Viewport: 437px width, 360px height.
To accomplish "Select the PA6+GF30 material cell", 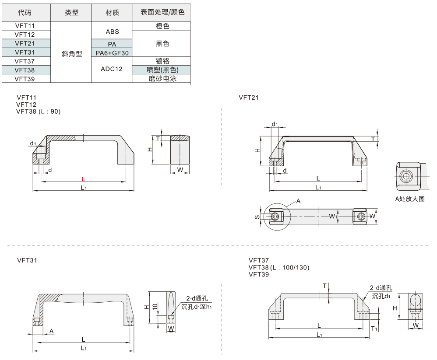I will coord(112,52).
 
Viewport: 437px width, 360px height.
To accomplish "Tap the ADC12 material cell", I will coord(111,69).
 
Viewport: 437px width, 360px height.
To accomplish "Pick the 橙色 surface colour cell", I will coord(162,26).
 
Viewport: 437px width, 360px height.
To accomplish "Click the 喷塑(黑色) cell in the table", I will coord(162,70).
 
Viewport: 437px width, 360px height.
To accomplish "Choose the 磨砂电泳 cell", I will coord(162,79).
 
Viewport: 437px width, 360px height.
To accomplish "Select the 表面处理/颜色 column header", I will coord(162,13).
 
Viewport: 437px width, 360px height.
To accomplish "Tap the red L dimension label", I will coord(83,178).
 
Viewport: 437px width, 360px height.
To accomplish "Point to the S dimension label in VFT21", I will coord(257,217).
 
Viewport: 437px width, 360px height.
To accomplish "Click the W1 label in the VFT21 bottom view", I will coord(333,217).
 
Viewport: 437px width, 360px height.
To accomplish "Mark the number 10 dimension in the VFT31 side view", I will coord(154,307).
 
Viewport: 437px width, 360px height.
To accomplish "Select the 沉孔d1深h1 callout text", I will coord(197,307).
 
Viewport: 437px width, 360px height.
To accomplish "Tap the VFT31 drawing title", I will coord(27,260).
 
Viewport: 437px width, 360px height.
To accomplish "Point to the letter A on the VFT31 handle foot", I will coord(52,332).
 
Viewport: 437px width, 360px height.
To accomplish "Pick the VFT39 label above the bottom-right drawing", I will coord(258,275).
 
